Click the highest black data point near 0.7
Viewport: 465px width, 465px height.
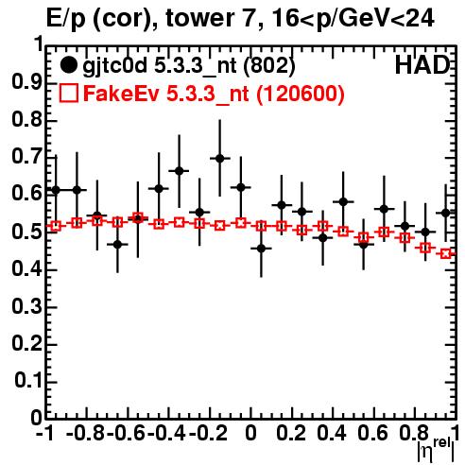(220, 158)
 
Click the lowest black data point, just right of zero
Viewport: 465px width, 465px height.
(261, 249)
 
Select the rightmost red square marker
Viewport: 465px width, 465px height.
(445, 253)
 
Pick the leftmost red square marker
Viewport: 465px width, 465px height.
(56, 226)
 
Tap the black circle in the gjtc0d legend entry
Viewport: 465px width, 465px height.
(68, 65)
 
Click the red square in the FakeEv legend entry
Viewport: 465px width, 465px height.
(68, 94)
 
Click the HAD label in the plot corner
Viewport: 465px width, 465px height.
(422, 65)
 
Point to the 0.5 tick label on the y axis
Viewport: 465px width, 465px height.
(26, 232)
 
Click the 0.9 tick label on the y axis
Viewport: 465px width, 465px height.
(26, 82)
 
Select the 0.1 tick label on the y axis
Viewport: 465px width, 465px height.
(28, 381)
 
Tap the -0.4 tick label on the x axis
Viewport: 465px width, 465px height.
(166, 433)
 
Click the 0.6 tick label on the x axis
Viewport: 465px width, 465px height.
(372, 433)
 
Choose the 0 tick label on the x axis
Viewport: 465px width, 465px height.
(250, 433)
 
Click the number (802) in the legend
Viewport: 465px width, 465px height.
(269, 66)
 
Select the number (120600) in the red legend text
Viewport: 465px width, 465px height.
(301, 95)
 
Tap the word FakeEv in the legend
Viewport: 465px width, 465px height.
(121, 94)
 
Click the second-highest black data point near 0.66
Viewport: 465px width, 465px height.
(179, 171)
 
